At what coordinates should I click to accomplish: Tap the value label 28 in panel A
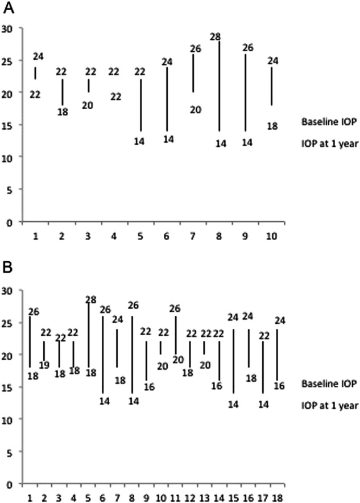[215, 37]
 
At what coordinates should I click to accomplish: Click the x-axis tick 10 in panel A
[271, 235]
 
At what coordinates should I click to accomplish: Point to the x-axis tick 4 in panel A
[114, 235]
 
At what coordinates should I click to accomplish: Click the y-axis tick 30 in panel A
[8, 28]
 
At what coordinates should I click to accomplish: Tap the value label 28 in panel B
[91, 299]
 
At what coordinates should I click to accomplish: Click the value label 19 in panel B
[44, 365]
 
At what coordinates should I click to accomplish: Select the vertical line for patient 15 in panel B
[234, 361]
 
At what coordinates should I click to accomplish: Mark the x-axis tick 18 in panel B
[278, 497]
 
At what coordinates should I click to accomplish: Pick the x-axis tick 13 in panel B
[205, 497]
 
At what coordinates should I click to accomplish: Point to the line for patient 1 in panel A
[36, 73]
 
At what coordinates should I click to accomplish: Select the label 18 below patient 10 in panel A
[272, 126]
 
